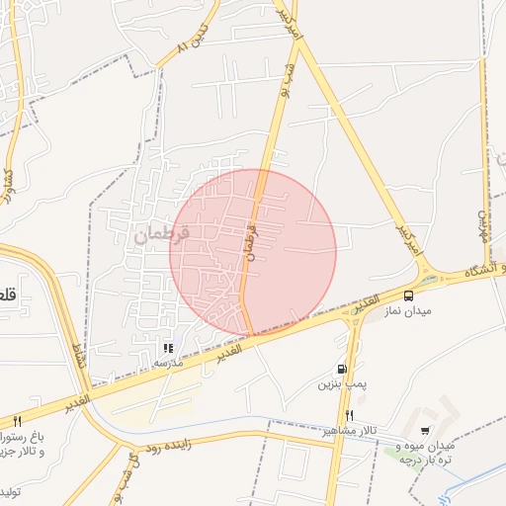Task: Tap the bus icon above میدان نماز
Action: point(408,295)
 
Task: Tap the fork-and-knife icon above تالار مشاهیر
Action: point(349,415)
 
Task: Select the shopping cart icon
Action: point(425,431)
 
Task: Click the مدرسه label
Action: point(168,363)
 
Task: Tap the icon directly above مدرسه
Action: point(168,348)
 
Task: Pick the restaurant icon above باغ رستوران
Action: point(17,421)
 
